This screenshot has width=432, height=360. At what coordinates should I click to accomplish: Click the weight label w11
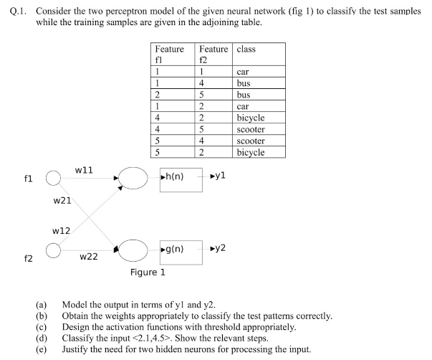pos(83,169)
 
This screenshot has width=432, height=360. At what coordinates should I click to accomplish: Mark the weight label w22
pos(88,256)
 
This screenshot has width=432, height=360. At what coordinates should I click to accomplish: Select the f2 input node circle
pos(52,250)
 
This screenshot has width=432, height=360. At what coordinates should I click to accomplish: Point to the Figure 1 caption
pos(148,273)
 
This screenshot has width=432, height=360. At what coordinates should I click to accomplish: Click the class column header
pos(246,49)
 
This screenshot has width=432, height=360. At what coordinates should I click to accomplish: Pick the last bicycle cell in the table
pos(250,152)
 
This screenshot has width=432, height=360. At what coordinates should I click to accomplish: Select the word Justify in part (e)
pos(77,350)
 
